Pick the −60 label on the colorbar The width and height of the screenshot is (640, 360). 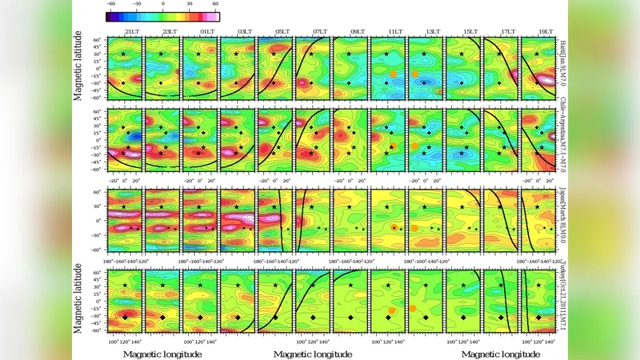110,4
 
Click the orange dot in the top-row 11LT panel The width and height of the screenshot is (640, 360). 394,74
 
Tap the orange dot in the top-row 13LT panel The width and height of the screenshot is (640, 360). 416,74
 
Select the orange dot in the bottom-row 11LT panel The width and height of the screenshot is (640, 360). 392,311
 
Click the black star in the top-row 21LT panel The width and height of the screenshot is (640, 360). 123,54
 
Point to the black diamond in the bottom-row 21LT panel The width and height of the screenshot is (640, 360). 124,318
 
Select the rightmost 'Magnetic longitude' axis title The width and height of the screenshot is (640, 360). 501,354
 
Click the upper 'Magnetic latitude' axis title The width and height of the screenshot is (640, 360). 78,66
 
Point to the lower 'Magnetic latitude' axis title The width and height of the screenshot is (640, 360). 78,298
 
